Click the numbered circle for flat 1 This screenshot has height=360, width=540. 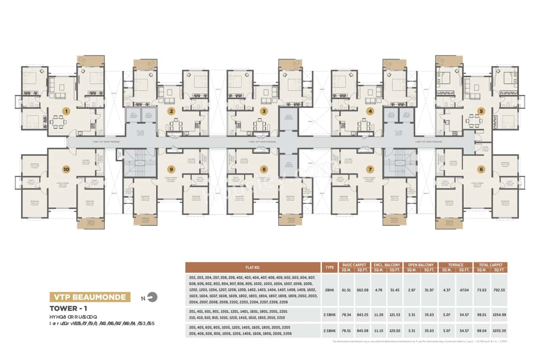(x=65, y=111)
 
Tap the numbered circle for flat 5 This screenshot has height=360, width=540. (x=481, y=111)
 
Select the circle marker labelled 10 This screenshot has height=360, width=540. (x=66, y=169)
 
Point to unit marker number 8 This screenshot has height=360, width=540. (x=264, y=169)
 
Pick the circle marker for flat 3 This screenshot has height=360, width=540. (x=264, y=111)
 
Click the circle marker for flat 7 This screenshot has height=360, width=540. (x=370, y=169)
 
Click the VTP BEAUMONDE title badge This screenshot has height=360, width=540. (x=89, y=297)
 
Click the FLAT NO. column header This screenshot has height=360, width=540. (x=253, y=267)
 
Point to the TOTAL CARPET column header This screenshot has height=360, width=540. (x=490, y=265)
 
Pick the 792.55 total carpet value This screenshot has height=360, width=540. (x=499, y=290)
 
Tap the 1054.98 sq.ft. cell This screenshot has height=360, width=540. (x=499, y=314)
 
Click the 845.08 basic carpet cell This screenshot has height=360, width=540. (x=362, y=330)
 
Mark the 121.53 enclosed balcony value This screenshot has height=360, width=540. (x=395, y=314)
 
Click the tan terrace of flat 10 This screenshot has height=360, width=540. (x=90, y=224)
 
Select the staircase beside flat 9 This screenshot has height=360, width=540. (x=135, y=162)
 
